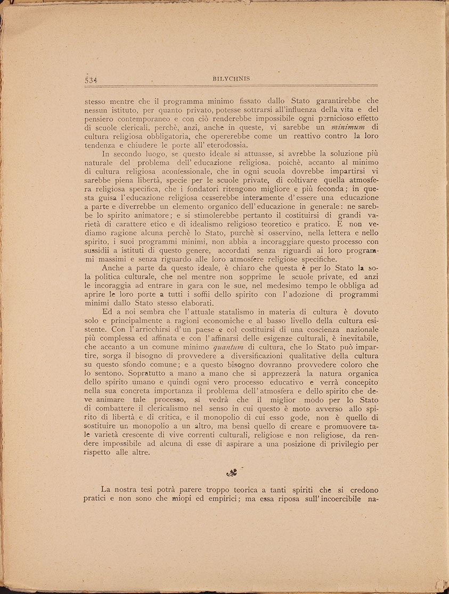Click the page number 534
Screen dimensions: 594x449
click(x=93, y=80)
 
